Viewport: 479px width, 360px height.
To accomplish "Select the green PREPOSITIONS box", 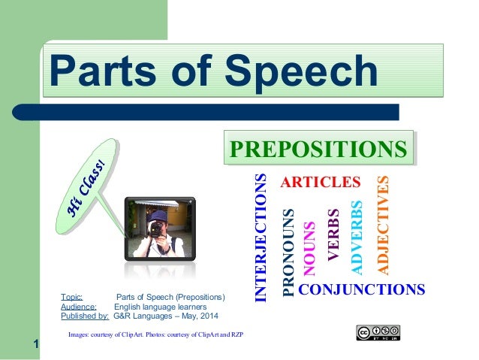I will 318,148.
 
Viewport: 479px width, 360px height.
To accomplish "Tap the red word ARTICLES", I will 321,182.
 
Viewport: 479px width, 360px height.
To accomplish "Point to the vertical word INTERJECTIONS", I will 261,237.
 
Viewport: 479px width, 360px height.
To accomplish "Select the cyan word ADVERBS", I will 357,235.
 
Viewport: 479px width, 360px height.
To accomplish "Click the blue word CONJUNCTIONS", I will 362,289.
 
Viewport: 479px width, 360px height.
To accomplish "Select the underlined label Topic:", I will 72,298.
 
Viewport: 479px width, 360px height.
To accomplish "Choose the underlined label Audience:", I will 78,307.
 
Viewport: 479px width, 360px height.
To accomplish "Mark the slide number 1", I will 35,345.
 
